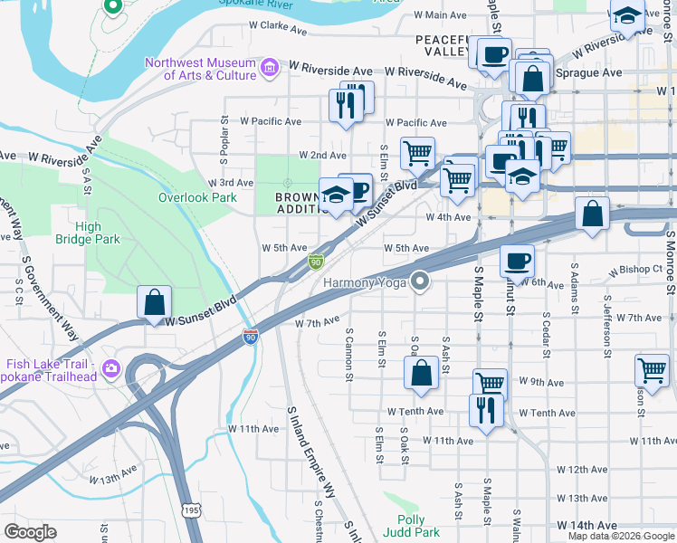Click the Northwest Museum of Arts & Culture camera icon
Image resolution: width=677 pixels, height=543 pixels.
(269, 68)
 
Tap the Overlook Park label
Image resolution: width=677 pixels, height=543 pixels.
(197, 197)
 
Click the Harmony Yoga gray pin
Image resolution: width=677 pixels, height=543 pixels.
(419, 282)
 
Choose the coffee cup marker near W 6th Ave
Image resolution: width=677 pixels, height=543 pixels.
(517, 261)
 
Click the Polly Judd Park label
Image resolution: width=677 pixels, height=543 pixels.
(418, 526)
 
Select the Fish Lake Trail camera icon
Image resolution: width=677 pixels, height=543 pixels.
(110, 367)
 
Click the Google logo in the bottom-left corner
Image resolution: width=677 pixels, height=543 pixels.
(30, 531)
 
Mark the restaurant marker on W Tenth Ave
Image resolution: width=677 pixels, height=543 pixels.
(486, 410)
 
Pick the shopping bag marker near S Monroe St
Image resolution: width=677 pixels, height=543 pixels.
(591, 215)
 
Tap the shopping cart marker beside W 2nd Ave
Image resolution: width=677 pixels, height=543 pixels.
(416, 154)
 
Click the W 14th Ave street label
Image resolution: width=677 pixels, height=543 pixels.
(586, 525)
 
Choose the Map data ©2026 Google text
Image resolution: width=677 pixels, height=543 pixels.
(621, 536)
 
